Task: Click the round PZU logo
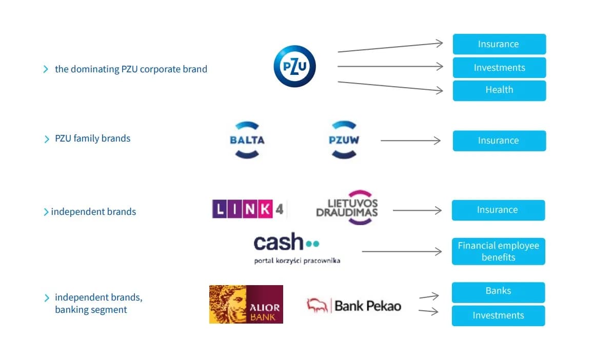pyautogui.click(x=294, y=66)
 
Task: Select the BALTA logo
pyautogui.click(x=247, y=139)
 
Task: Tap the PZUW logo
pyautogui.click(x=344, y=139)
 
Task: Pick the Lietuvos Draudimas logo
pyautogui.click(x=347, y=208)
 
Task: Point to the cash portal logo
pyautogui.click(x=297, y=248)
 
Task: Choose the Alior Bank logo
pyautogui.click(x=246, y=304)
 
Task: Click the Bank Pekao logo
pyautogui.click(x=354, y=306)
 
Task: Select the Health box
pyautogui.click(x=499, y=90)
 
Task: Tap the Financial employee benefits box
pyautogui.click(x=498, y=251)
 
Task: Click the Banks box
pyautogui.click(x=498, y=291)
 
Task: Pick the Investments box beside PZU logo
pyautogui.click(x=499, y=68)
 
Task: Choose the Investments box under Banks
pyautogui.click(x=498, y=315)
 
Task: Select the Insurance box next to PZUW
pyautogui.click(x=499, y=141)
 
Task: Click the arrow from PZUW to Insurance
pyautogui.click(x=410, y=141)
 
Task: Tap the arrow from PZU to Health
pyautogui.click(x=390, y=86)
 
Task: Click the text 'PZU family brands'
pyautogui.click(x=92, y=138)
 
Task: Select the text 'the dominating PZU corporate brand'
pyautogui.click(x=131, y=69)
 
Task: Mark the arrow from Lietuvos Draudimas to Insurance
pyautogui.click(x=417, y=210)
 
